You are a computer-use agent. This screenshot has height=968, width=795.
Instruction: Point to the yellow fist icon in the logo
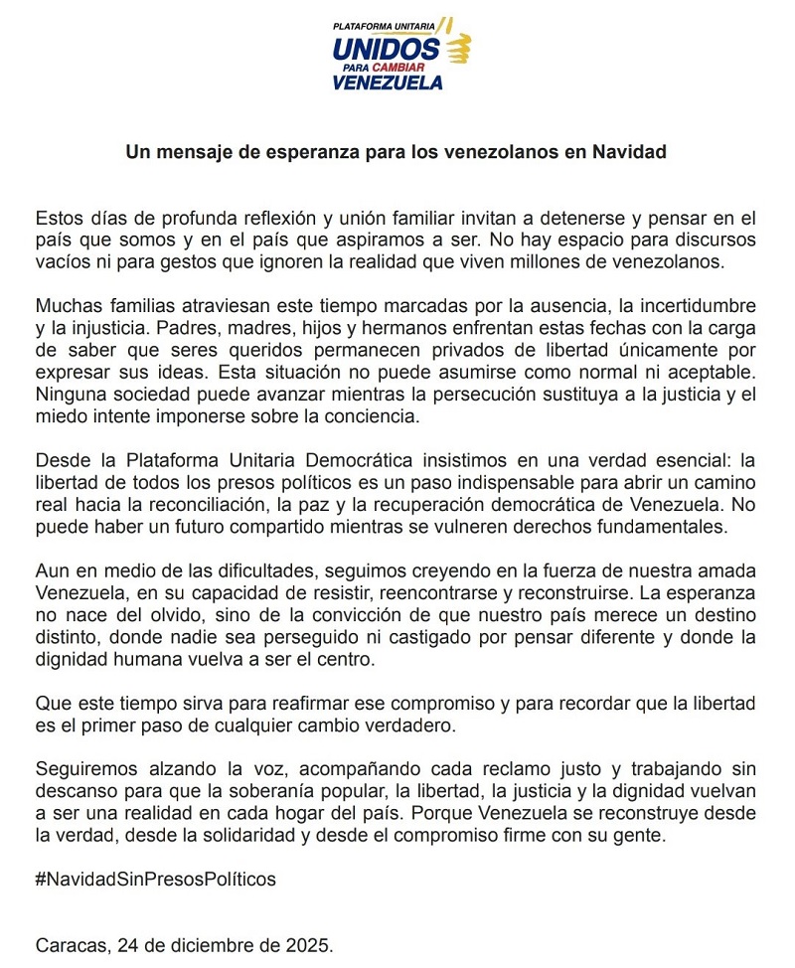(x=458, y=48)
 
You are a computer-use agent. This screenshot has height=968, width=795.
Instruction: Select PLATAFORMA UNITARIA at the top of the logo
(x=384, y=24)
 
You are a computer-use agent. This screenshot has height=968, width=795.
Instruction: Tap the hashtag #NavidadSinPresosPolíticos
(x=156, y=880)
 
